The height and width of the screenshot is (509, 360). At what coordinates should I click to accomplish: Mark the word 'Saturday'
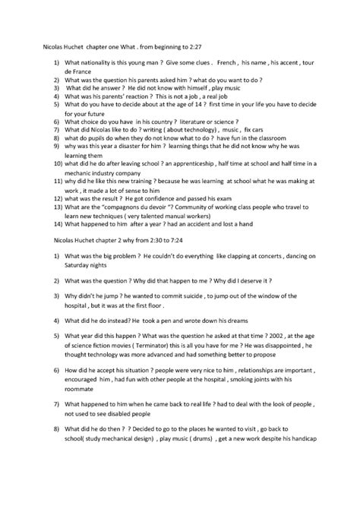81,265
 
